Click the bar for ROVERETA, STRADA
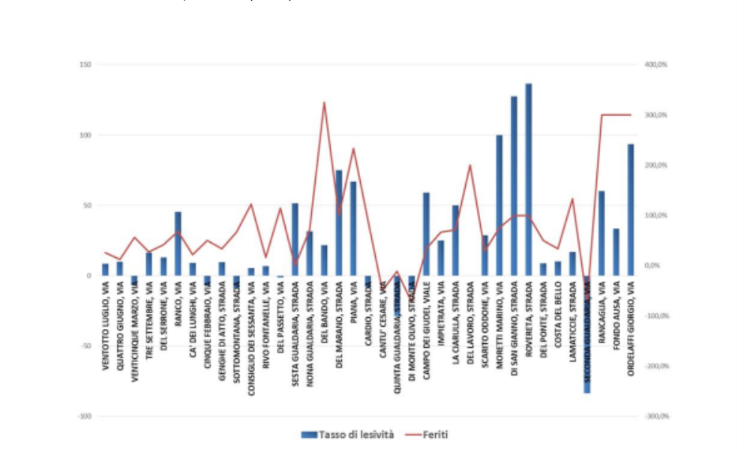coord(528,180)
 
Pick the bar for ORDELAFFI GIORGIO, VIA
coord(631,210)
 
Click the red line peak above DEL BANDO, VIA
coord(324,103)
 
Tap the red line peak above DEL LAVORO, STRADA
coord(470,166)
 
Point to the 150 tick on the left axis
coord(85,65)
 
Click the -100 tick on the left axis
coord(84,416)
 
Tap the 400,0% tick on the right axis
coord(655,65)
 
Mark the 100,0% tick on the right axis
coord(655,216)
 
